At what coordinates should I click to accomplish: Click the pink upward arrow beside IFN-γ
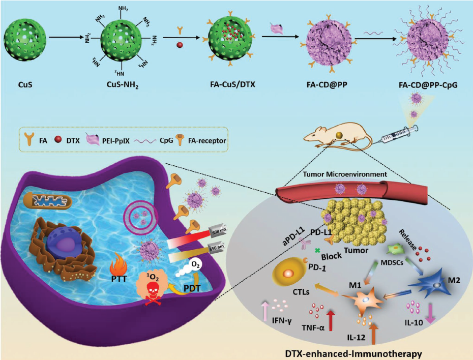[x=264, y=311]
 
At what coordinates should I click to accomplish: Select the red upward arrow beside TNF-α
[x=332, y=320]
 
